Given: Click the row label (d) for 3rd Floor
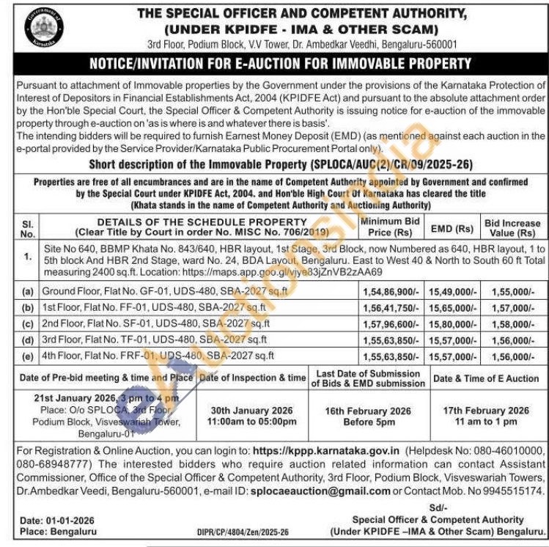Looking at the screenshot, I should point(28,340).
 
